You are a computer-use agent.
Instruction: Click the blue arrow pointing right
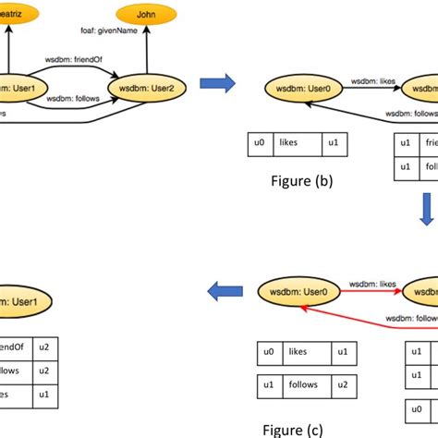218,84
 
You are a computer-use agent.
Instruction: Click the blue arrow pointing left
219,293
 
